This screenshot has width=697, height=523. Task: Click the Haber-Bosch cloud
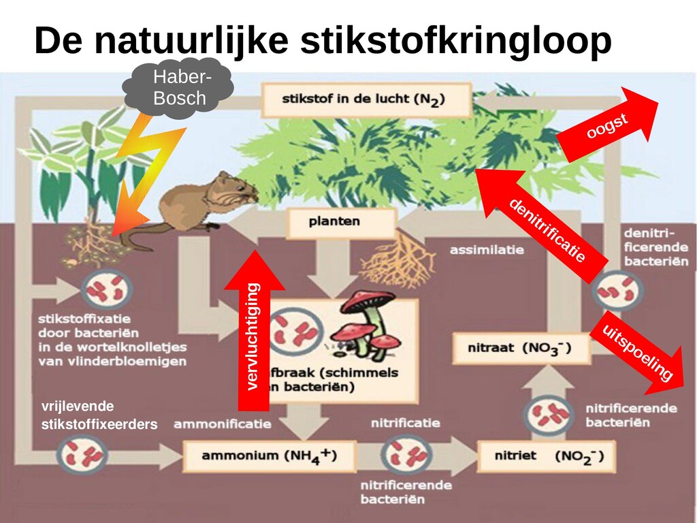click(179, 89)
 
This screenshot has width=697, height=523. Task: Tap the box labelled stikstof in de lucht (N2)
click(366, 99)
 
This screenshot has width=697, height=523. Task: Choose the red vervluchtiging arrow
click(254, 334)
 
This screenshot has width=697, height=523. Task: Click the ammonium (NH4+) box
click(269, 456)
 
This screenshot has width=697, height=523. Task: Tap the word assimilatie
click(487, 250)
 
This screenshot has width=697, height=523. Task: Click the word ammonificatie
click(222, 424)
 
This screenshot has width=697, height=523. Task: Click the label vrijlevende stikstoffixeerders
click(99, 415)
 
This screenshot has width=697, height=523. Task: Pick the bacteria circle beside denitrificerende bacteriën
click(617, 290)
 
